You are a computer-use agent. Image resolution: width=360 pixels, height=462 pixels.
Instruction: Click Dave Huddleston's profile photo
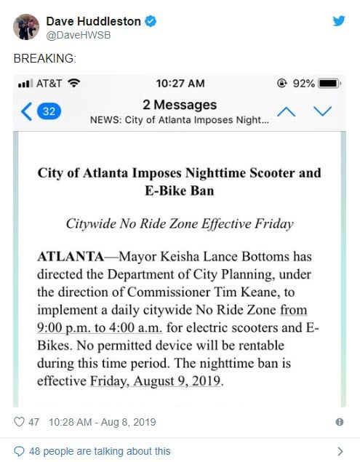coord(25,27)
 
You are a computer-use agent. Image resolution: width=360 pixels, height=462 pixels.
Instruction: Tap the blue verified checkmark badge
coord(151,22)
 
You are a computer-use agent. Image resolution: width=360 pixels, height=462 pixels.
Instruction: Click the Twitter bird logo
coord(339,21)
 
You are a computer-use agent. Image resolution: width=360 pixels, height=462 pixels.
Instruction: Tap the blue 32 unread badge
coord(49,111)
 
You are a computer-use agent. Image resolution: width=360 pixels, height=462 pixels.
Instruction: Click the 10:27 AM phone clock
coord(180,84)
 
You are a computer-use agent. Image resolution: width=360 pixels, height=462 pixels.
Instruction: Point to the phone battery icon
coord(329,84)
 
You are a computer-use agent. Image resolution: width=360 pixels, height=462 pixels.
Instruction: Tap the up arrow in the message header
coord(287,111)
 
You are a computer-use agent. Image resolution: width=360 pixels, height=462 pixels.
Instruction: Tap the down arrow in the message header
coord(322,111)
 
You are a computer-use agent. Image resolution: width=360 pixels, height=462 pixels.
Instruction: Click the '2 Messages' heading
coord(180,105)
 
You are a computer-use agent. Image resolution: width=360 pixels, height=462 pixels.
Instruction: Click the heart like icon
coord(20,422)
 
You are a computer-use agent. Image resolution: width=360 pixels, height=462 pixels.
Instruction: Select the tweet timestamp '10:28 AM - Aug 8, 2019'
coord(102,422)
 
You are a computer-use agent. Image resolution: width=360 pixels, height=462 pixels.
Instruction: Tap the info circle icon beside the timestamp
coord(339,422)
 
